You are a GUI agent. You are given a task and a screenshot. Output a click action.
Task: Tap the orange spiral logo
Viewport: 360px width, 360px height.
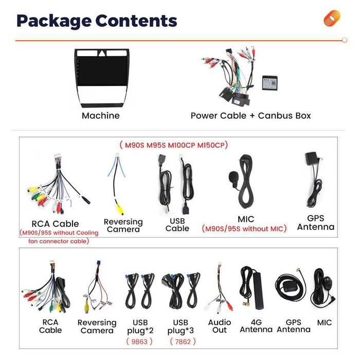tap(332, 19)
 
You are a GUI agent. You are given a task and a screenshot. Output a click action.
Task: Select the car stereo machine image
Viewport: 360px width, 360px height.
tap(101, 77)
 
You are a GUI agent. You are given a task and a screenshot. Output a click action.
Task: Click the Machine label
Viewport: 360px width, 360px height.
tap(101, 116)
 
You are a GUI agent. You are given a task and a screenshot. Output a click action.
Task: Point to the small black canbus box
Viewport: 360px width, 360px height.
tap(269, 83)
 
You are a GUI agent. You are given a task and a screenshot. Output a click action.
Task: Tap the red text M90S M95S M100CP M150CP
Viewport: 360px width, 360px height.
tap(173, 145)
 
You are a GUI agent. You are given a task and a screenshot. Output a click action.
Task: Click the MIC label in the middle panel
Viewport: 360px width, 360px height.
tap(246, 219)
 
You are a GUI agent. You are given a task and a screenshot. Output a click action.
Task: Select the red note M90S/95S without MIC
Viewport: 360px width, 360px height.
tap(244, 229)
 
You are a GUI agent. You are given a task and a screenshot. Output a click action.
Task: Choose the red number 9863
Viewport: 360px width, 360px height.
tap(139, 341)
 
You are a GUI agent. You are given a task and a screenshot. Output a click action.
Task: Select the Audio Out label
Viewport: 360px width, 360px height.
tap(220, 326)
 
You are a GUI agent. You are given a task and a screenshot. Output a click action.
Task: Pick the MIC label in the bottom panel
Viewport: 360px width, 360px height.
tap(325, 322)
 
